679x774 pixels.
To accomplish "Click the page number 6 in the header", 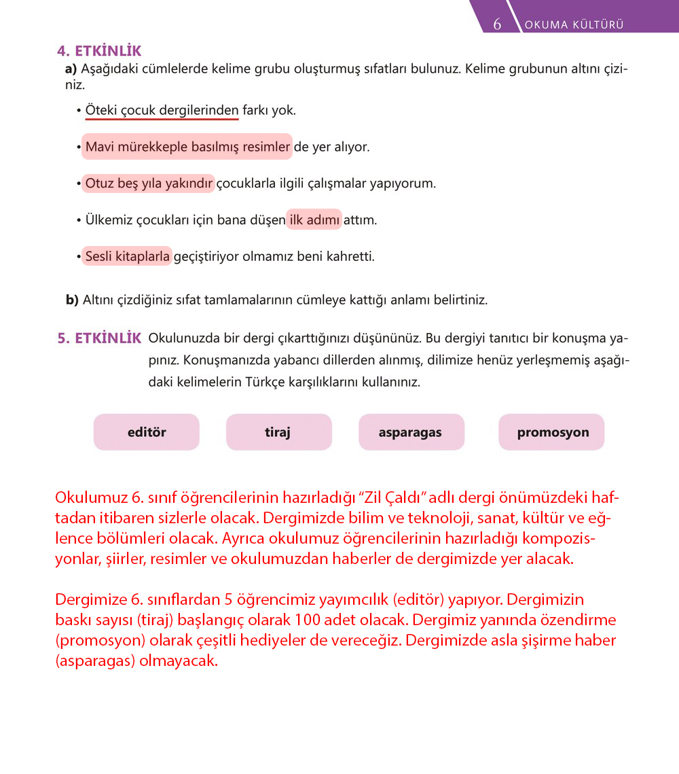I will [497, 24].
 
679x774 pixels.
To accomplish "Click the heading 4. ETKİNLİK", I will [99, 51].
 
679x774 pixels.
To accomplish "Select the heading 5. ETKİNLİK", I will [99, 338].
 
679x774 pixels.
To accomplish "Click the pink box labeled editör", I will [147, 432].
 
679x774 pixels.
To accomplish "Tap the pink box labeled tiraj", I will [278, 432].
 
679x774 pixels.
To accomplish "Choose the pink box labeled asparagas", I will [411, 432].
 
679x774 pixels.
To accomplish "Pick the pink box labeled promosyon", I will [552, 432].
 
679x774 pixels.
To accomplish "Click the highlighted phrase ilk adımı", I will [314, 220].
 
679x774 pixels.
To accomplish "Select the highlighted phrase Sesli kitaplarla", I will [128, 257].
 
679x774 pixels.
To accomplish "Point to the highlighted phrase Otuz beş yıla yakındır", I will [149, 183].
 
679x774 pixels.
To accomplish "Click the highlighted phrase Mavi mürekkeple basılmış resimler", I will [187, 147].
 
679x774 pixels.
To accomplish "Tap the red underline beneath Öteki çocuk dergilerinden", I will [162, 119].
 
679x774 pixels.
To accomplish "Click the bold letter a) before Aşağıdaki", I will [71, 69].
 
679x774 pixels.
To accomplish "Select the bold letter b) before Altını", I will [73, 300].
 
